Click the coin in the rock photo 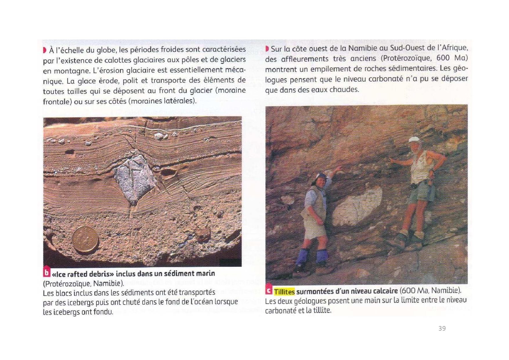tap(85, 240)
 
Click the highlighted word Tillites tap(284, 291)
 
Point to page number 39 tap(442, 328)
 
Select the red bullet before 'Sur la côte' tap(267, 49)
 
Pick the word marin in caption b tap(205, 273)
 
